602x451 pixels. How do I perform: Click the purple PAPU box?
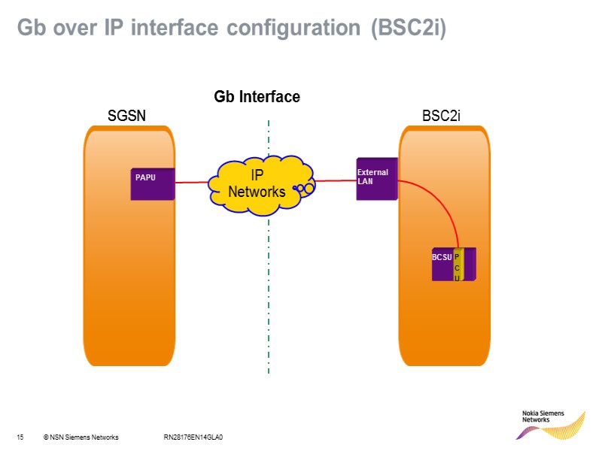click(x=154, y=184)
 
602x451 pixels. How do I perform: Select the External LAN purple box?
click(x=376, y=180)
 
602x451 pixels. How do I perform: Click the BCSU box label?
click(x=441, y=258)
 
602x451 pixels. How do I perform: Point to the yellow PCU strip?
click(x=458, y=265)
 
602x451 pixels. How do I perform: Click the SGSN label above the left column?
click(x=126, y=116)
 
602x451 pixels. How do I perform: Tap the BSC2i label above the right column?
click(x=441, y=116)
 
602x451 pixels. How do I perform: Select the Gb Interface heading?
click(x=257, y=97)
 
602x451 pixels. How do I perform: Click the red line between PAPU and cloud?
click(x=192, y=180)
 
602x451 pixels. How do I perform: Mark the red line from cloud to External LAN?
click(x=335, y=181)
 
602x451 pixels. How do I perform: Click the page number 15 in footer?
click(x=21, y=437)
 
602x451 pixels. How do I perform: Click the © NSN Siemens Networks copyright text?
click(x=81, y=437)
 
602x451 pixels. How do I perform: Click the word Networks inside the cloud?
click(x=257, y=192)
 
